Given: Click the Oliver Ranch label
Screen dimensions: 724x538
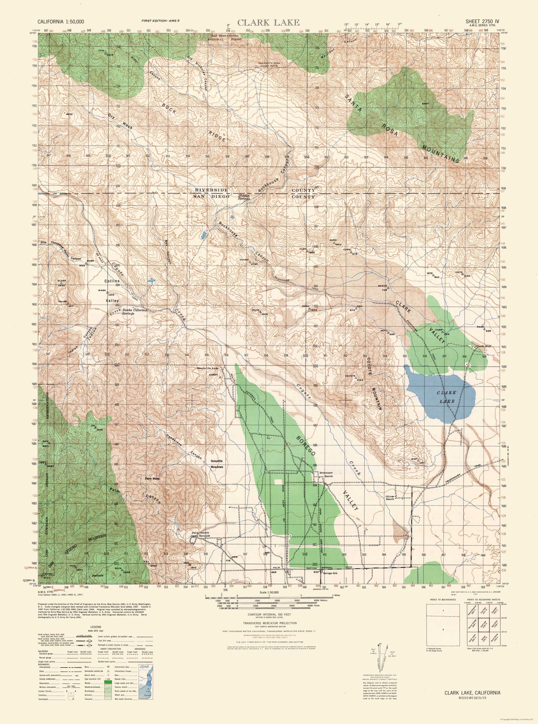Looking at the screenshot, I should click(392, 497).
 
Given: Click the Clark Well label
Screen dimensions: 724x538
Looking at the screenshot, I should click(483, 346).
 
